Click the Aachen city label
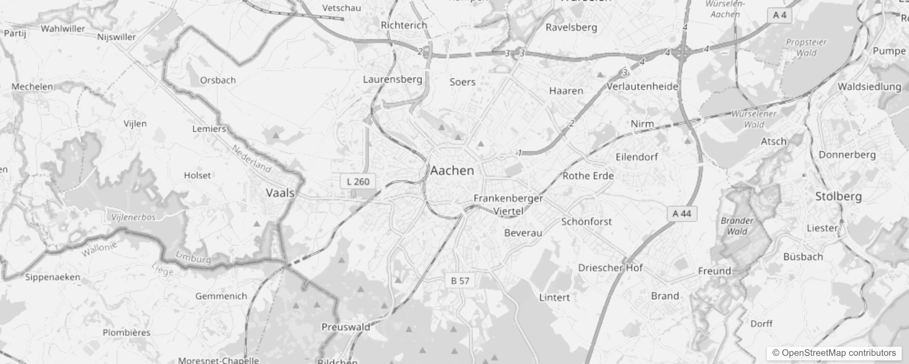(x=452, y=171)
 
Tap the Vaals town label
(x=280, y=193)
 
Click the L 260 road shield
(x=358, y=182)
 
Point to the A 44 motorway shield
(x=682, y=213)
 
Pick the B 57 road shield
(x=460, y=281)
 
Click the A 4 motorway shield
(x=780, y=15)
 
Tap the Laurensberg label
(x=393, y=80)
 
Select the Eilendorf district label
(x=637, y=157)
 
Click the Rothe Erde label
(x=588, y=176)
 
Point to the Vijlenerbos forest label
(x=133, y=217)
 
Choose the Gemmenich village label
(x=221, y=296)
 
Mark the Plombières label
(x=127, y=333)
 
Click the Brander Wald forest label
(x=737, y=226)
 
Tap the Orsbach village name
(x=218, y=81)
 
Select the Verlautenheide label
(x=642, y=86)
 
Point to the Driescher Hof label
(x=610, y=268)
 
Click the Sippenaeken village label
(x=52, y=278)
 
